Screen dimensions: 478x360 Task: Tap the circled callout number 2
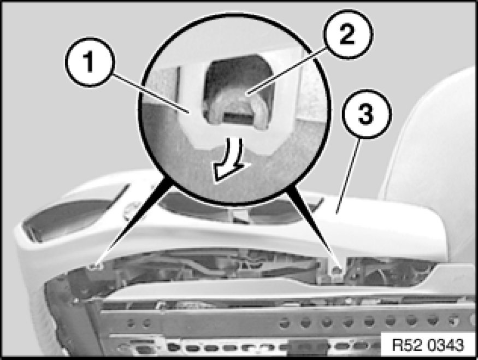[347, 34]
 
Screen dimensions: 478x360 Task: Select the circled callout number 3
[365, 114]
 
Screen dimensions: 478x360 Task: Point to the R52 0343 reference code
[427, 345]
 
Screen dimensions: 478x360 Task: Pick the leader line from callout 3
[347, 175]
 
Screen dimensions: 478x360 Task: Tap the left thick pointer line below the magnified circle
[133, 222]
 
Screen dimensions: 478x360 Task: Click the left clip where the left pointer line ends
[96, 267]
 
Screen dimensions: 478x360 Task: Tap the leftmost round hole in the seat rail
[131, 322]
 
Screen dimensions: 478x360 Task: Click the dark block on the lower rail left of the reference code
[308, 347]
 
